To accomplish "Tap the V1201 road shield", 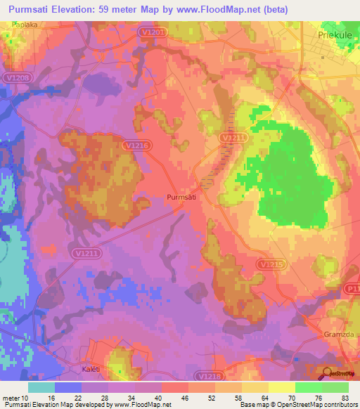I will coord(159,32).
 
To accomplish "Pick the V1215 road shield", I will coord(271,264).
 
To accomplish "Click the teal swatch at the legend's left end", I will coord(41,387).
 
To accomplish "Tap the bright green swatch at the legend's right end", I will coord(335,387).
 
